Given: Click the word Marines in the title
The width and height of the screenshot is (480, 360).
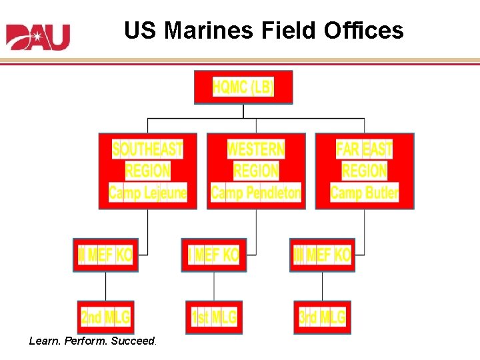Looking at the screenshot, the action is [x=205, y=30].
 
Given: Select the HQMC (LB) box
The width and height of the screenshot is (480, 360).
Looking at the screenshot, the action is [x=243, y=87].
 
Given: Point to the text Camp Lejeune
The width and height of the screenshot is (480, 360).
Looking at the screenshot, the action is [x=148, y=193].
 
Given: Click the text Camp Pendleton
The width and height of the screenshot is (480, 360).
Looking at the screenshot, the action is [x=256, y=193].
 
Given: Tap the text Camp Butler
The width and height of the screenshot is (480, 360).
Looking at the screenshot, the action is [x=364, y=193].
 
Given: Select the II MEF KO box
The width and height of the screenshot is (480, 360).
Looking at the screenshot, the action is [x=105, y=255].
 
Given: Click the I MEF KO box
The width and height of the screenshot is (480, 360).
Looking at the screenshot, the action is [x=214, y=255].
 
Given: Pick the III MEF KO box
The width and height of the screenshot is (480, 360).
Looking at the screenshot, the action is [x=322, y=255].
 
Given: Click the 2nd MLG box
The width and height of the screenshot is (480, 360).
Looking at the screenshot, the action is [x=105, y=317].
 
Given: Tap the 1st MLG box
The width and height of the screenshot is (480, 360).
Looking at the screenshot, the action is [x=214, y=317].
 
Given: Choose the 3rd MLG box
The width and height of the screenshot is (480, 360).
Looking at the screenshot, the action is [x=322, y=317].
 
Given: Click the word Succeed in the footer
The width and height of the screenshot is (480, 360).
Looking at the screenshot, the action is [x=133, y=341].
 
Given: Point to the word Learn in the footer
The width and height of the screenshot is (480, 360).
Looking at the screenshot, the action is [x=43, y=341].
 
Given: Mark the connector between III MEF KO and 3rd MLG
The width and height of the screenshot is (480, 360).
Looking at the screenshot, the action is [x=322, y=286].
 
